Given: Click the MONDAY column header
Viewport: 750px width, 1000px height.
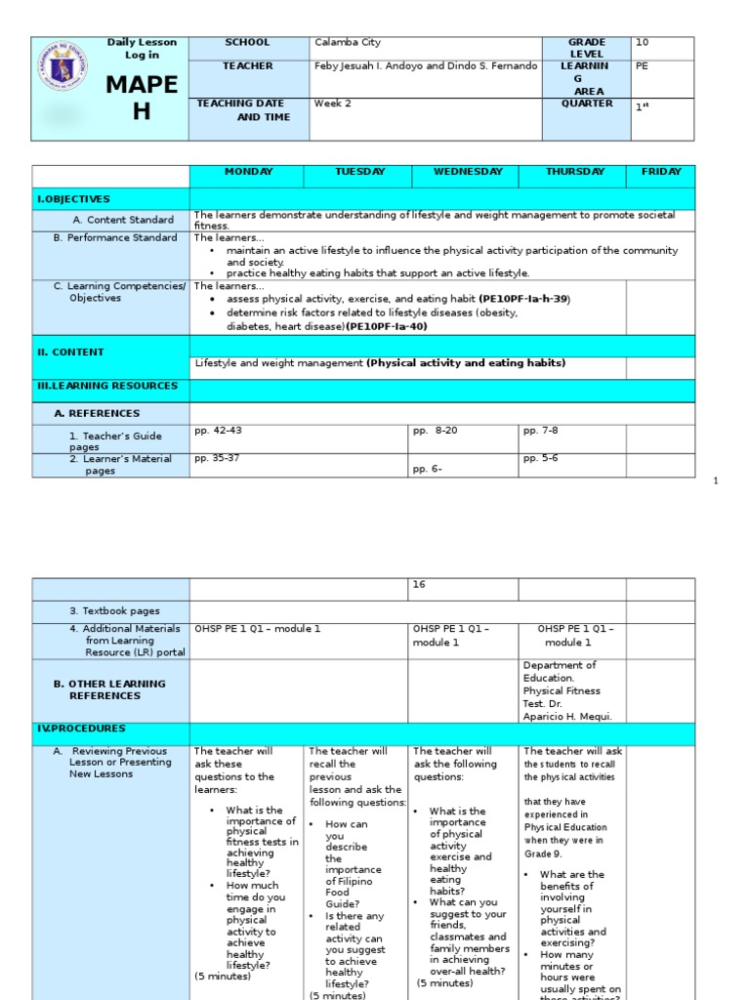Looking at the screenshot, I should coord(248,172).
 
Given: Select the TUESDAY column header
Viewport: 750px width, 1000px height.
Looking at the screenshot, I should coord(359,172).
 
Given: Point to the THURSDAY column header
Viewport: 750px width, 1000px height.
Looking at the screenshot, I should coord(575,172).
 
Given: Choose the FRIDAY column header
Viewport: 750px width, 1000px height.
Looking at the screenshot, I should coord(661,172).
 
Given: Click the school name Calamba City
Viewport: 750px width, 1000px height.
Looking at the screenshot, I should coord(348,43).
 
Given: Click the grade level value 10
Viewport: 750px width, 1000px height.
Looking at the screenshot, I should coord(642,43).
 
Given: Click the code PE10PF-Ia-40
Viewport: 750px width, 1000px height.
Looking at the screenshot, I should coord(387,326).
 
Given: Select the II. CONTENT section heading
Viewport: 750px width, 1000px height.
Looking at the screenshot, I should coord(70,353).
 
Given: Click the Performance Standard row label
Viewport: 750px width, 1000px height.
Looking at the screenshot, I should coord(115,238).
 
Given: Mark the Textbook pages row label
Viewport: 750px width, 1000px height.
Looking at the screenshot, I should coord(114,611).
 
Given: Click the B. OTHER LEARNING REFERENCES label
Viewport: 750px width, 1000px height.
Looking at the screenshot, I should coord(109,689).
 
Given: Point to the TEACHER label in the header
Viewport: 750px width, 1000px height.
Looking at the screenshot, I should coord(248,66).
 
